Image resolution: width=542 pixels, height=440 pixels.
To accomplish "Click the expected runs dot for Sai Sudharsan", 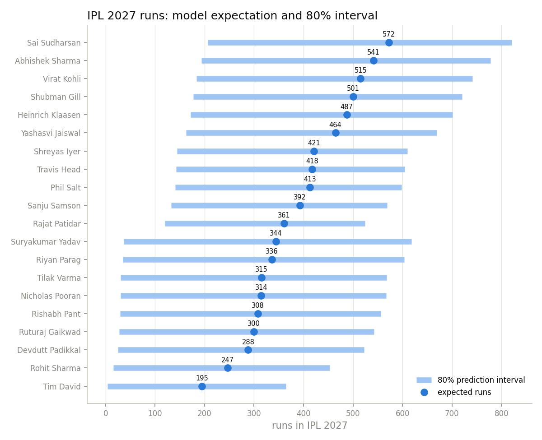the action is coord(388,43).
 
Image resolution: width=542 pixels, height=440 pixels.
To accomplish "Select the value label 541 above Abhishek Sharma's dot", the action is coord(373,52).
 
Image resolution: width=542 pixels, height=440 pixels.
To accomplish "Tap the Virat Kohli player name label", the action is coord(62,79).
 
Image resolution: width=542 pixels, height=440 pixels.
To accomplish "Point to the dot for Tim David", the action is coord(202,386).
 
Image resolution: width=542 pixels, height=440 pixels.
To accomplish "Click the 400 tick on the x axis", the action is coord(304,413).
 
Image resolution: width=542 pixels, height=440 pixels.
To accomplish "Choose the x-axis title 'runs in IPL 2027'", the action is coord(309,426).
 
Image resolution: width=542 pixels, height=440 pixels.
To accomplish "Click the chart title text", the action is coord(232,16).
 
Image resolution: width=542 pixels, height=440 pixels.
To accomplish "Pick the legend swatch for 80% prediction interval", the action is coord(424,380).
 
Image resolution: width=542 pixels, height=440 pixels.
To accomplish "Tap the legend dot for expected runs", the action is coord(424,392).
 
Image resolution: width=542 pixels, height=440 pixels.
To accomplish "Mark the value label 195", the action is coord(202,378).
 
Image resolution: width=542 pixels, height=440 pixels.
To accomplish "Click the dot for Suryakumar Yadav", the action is coord(276,242).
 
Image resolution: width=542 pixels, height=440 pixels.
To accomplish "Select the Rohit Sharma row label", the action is coord(56,368).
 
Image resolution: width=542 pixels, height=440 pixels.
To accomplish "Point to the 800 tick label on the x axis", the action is coord(501,413).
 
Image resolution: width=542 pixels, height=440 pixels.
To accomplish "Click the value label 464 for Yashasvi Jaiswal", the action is coord(335,125).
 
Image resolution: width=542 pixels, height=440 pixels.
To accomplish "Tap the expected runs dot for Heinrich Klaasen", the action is coord(346,115).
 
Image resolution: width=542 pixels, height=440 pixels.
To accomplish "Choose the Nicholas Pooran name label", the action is coord(51,296).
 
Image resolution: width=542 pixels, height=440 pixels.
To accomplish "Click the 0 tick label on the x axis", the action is coord(106,413).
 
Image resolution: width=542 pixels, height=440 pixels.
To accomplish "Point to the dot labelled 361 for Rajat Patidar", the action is coord(284,224).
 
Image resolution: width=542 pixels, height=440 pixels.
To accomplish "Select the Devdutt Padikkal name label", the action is coord(49,350).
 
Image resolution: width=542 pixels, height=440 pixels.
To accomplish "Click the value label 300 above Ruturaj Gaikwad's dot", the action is coord(253,323).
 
